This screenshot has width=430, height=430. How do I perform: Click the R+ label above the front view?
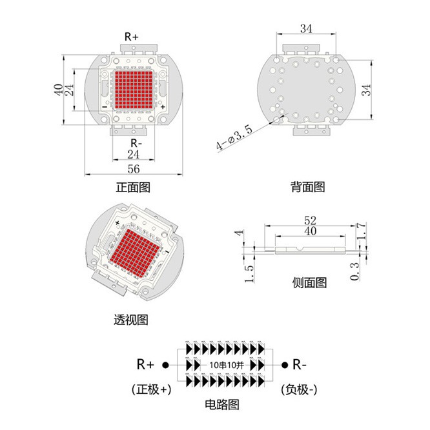[132, 37]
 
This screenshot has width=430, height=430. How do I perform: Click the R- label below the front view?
[136, 143]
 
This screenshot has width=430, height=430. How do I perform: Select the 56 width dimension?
[134, 169]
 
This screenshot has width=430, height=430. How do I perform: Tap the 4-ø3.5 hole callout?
[234, 138]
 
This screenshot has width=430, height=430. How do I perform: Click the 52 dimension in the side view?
[311, 220]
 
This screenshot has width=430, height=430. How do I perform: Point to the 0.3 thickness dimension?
[354, 271]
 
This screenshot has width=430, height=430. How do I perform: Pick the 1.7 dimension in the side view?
[362, 231]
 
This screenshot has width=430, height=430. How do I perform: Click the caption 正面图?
[133, 187]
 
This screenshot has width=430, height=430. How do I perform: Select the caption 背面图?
[308, 187]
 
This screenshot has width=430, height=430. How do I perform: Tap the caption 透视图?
[131, 320]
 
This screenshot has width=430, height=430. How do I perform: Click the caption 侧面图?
[309, 282]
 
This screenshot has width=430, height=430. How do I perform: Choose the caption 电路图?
[222, 404]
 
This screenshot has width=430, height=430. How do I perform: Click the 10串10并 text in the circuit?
[227, 365]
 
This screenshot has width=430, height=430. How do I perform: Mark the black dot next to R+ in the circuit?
[165, 365]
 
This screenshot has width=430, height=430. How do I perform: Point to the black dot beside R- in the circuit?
[285, 365]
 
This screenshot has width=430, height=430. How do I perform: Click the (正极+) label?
[152, 389]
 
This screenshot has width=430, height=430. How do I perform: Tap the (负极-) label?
[299, 389]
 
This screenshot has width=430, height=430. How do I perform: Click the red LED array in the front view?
[134, 90]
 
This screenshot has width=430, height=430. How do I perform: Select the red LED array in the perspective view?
[135, 253]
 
